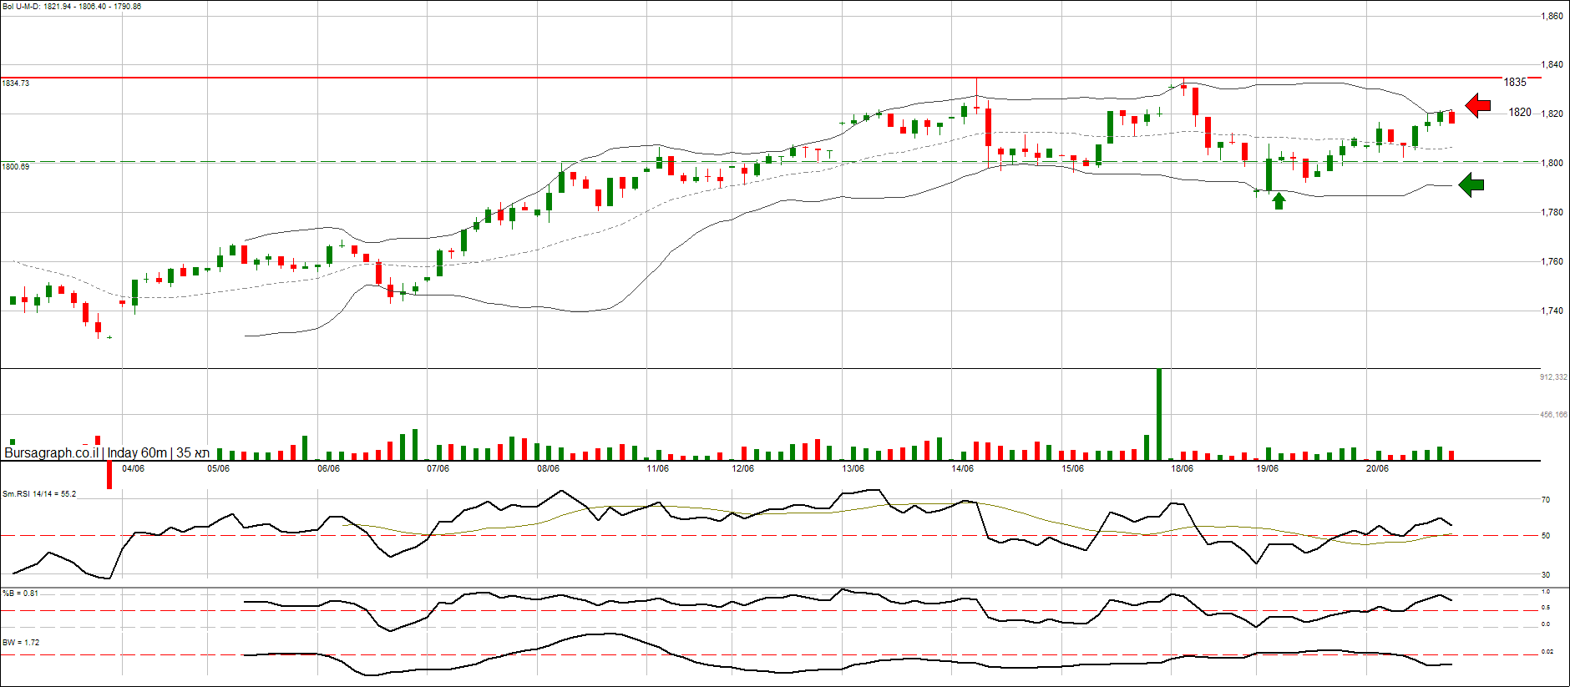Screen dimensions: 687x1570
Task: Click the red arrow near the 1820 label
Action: tap(1478, 105)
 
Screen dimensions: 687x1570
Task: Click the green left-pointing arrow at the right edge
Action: tap(1471, 184)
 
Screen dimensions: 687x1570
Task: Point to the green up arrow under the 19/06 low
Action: tap(1279, 200)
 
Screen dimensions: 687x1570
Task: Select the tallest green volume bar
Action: tap(1158, 414)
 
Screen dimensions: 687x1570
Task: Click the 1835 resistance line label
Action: tap(1515, 82)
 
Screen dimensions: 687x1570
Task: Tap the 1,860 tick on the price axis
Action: tap(1552, 16)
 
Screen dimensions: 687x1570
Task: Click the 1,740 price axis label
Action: tap(1552, 311)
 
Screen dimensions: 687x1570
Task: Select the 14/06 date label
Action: tap(962, 468)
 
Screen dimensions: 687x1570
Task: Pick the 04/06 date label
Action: tap(133, 468)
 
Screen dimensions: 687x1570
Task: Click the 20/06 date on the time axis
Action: tap(1377, 468)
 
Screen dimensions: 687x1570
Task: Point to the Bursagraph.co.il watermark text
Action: tap(51, 452)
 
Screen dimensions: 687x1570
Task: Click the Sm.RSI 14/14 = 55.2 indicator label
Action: tap(39, 494)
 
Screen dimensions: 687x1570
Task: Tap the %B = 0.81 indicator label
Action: tap(20, 594)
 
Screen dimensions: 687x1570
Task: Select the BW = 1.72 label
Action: tap(21, 643)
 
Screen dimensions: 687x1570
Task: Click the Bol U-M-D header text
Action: tap(72, 7)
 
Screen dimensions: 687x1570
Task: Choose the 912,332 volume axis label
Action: tap(1553, 377)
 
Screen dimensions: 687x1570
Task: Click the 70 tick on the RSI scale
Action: tap(1546, 500)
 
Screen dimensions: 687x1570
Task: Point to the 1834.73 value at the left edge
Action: tap(16, 83)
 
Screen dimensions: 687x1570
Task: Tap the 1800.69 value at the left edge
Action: tap(16, 166)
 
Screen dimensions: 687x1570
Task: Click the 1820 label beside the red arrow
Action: tap(1520, 113)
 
